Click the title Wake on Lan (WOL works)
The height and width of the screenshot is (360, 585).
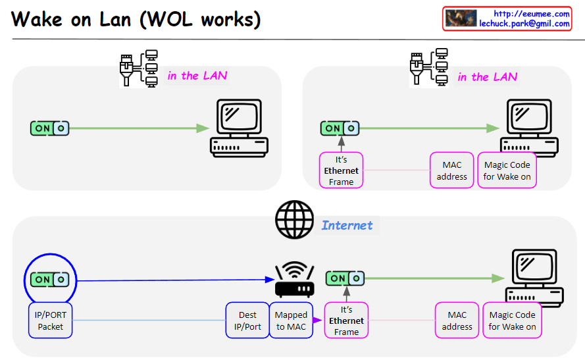[136, 19]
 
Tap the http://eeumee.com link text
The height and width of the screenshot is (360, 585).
[531, 14]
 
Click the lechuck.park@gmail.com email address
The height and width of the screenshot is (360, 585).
[524, 24]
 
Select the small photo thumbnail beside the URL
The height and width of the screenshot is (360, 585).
[461, 18]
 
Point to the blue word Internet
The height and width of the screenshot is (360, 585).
[347, 225]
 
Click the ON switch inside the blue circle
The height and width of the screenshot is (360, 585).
[50, 279]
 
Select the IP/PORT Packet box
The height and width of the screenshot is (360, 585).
[51, 321]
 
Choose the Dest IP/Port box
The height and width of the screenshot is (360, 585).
[247, 321]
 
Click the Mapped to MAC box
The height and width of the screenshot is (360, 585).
[291, 321]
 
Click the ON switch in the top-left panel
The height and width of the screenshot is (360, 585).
[50, 128]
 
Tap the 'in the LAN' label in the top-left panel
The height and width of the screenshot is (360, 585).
[197, 76]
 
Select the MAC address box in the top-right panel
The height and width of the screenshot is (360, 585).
[452, 170]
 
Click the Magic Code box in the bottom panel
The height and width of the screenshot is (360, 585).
[512, 321]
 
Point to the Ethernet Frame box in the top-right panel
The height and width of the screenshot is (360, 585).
[341, 170]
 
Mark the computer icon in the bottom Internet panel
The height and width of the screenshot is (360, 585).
[534, 279]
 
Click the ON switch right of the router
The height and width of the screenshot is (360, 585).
[345, 278]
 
